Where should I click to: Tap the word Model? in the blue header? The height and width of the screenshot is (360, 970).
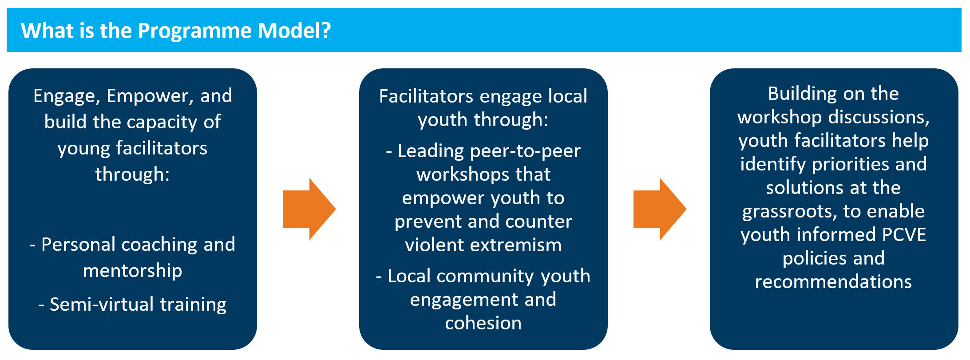tap(294, 31)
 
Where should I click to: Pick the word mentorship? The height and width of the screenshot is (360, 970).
tap(132, 271)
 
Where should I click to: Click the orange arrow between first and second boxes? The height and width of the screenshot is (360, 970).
tap(309, 209)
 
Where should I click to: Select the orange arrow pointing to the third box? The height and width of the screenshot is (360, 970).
tap(660, 209)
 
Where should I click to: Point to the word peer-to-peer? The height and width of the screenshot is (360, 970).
tap(525, 151)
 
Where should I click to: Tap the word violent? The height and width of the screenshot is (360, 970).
tap(435, 245)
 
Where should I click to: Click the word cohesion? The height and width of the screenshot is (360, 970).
tap(483, 323)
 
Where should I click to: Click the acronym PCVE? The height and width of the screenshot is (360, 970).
tap(903, 235)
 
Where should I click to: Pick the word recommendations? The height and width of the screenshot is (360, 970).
tap(833, 282)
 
